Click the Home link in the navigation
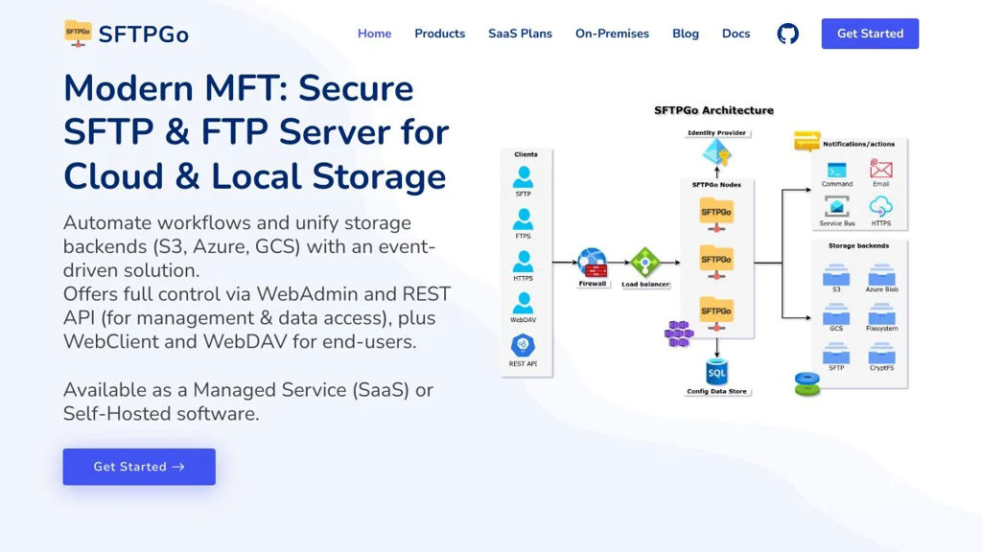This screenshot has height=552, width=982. tap(374, 34)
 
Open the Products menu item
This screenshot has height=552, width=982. tap(439, 34)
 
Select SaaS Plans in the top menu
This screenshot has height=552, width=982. tap(520, 34)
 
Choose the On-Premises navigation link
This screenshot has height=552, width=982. tap(612, 34)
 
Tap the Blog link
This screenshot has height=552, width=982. tap(686, 34)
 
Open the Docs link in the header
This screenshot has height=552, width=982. tap(736, 34)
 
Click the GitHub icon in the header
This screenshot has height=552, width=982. tap(787, 34)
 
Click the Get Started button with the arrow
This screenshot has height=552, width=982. tap(139, 467)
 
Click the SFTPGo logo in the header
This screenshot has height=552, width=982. tap(127, 34)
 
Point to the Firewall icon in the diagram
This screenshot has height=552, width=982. tap(592, 262)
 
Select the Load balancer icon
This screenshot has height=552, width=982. tap(644, 262)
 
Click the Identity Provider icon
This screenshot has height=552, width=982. tap(716, 152)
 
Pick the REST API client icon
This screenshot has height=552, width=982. tap(523, 345)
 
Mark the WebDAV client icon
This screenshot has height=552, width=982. tap(523, 303)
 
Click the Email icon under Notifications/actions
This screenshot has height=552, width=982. tap(880, 170)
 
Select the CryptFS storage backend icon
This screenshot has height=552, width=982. tap(880, 354)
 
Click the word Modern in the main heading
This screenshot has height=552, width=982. tap(129, 88)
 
